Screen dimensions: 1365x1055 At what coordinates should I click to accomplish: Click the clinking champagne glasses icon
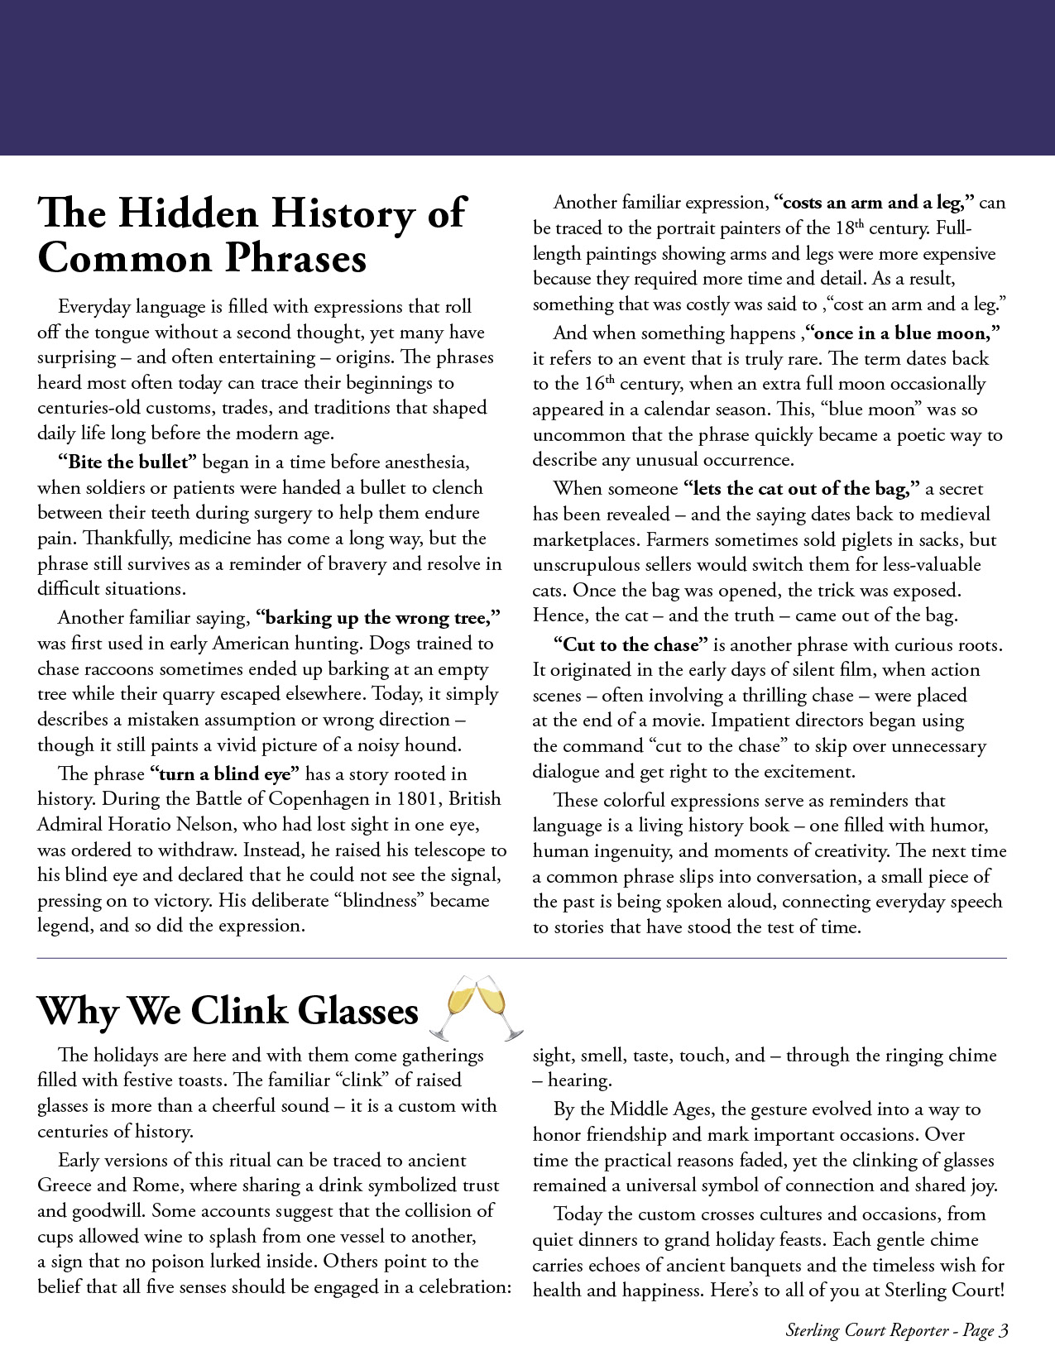point(477,1007)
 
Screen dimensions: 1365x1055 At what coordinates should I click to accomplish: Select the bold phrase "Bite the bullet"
point(127,462)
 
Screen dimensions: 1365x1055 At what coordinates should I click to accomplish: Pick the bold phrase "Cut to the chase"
point(631,645)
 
